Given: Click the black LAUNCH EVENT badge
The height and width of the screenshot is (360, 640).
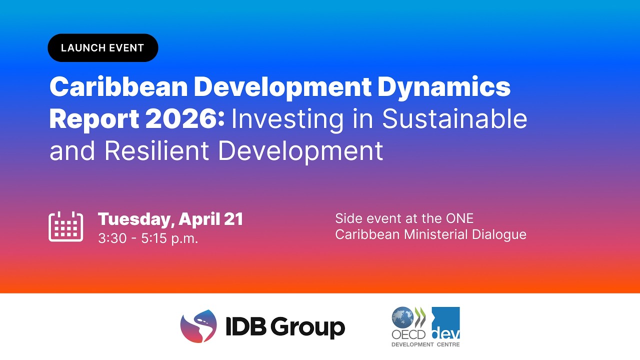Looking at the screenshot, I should [102, 48].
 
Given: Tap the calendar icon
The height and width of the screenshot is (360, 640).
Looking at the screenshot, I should [65, 226].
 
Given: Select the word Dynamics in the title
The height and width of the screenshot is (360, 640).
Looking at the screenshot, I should [443, 87].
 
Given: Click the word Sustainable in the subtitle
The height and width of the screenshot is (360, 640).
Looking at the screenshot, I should [454, 119].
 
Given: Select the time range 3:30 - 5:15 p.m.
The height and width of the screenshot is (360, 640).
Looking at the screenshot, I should [148, 238].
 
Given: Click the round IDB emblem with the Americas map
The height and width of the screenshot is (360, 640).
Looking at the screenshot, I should [198, 326].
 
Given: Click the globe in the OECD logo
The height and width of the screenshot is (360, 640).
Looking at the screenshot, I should [402, 317].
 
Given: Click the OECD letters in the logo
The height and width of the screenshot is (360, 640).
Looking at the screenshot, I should [408, 334].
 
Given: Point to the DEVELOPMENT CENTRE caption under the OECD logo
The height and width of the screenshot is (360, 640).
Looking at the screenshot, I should [425, 344].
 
